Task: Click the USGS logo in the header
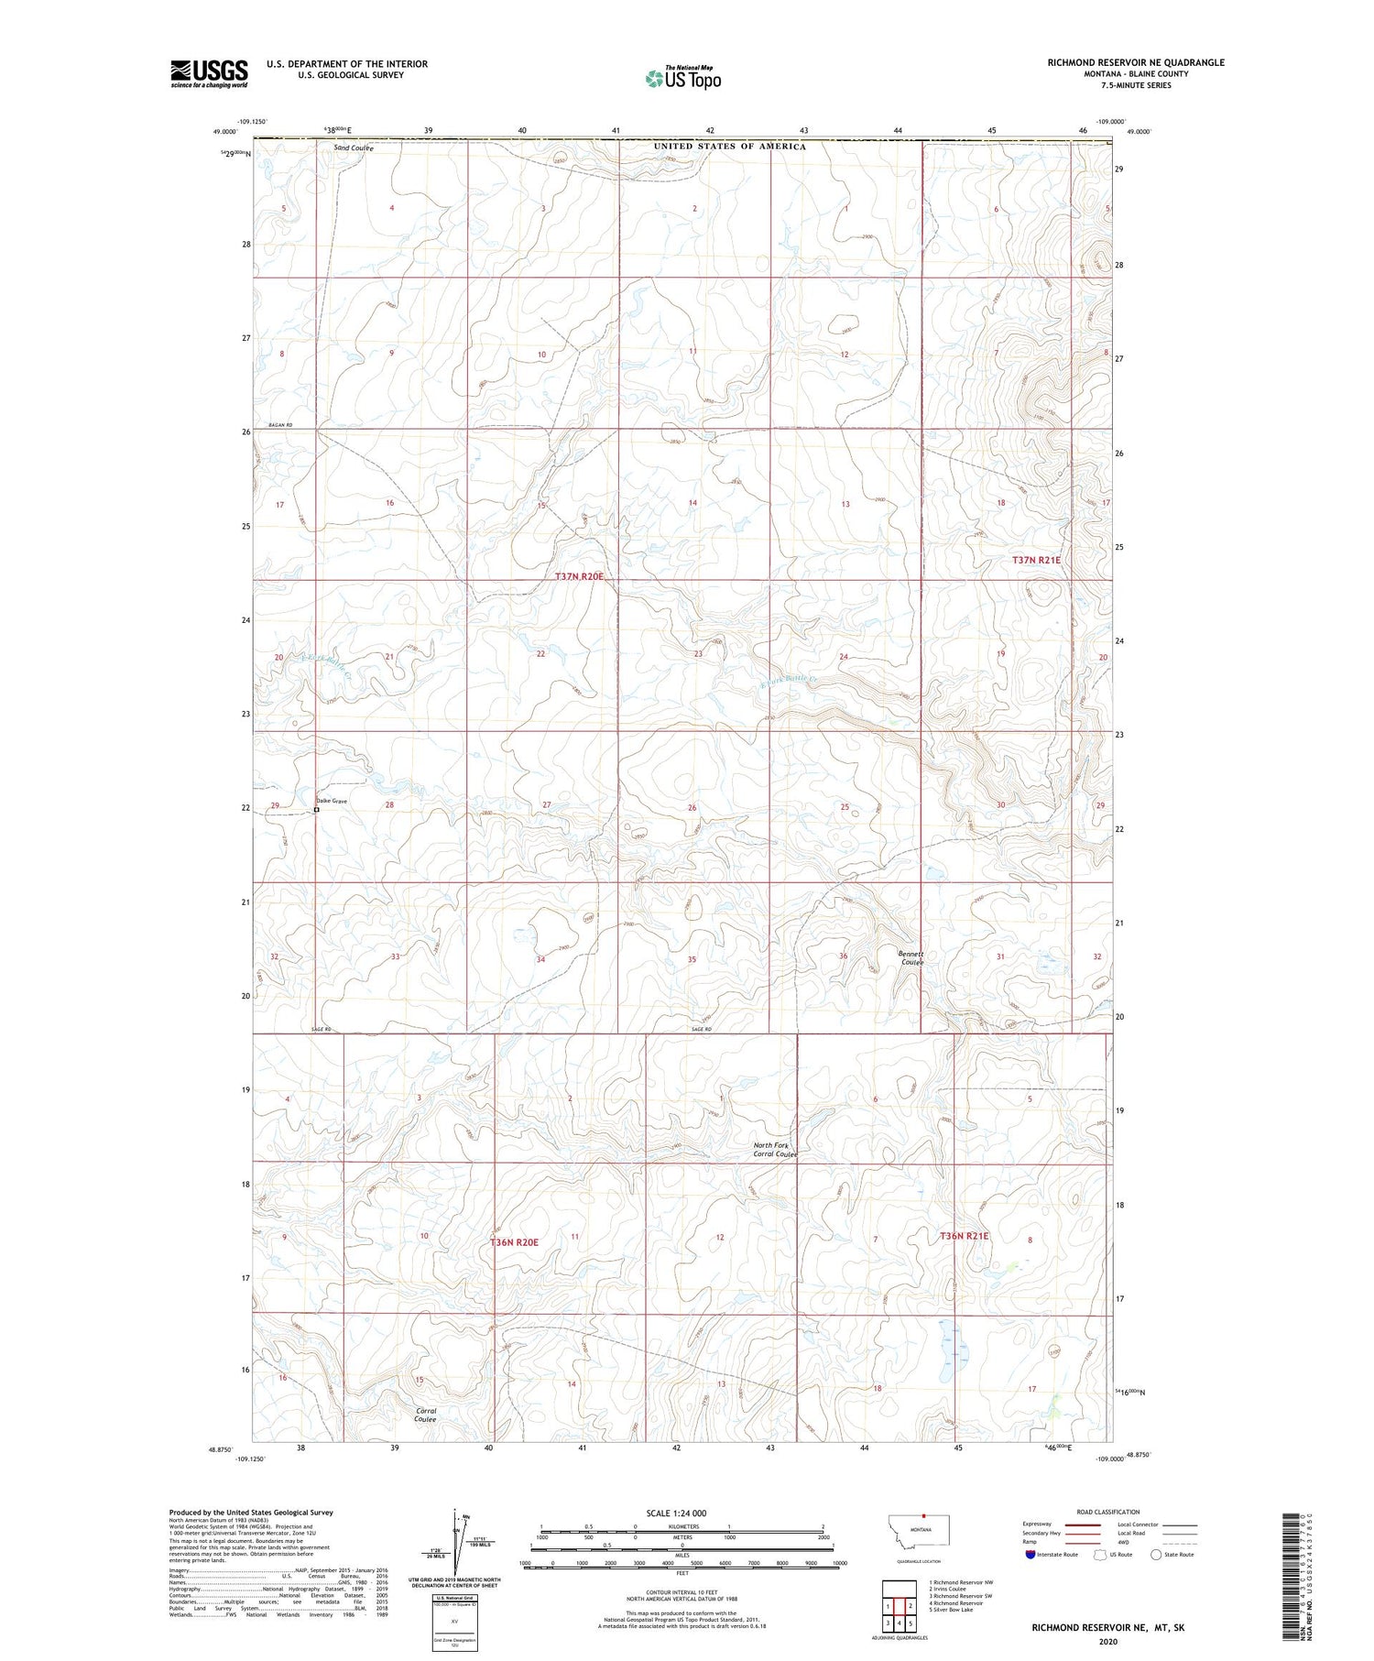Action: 209,73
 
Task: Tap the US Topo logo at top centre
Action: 683,78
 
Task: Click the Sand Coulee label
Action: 353,148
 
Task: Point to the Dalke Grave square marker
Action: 317,810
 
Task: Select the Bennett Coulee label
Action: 911,957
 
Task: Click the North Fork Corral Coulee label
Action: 775,1150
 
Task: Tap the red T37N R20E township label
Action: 580,576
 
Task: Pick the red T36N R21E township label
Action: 965,1236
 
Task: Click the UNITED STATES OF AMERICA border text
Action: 730,147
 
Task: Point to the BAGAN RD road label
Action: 280,425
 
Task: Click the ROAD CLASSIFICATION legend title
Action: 1108,1512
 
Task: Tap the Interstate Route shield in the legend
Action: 1030,1555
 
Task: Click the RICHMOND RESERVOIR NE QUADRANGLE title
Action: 1136,62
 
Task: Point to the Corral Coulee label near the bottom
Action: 425,1415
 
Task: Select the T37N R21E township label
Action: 1036,560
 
